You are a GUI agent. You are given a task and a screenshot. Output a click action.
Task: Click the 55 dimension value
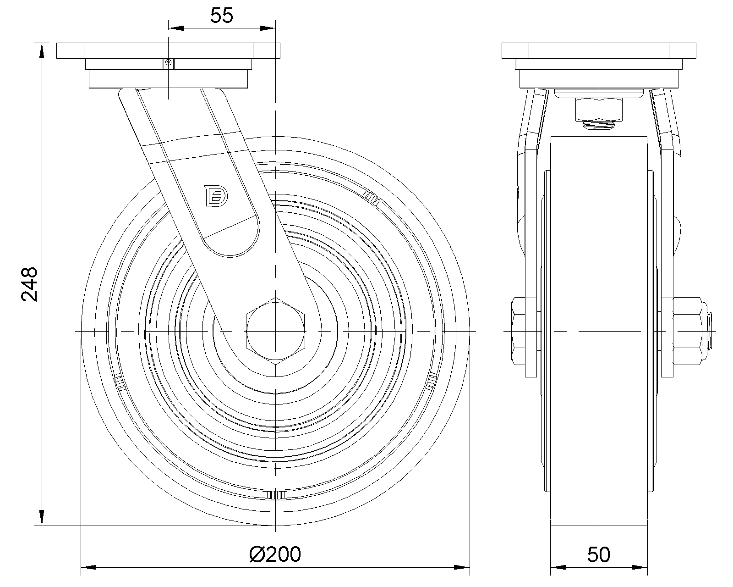point(221,16)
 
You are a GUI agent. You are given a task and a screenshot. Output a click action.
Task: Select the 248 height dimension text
point(29,284)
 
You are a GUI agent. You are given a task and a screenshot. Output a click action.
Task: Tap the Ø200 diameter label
point(275,554)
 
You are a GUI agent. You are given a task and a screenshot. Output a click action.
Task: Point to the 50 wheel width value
point(598,555)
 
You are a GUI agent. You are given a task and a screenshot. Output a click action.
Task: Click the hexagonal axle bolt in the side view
point(275,331)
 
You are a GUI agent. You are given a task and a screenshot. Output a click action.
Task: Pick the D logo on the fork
point(216,196)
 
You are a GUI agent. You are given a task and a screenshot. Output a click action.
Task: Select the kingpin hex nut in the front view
point(599,110)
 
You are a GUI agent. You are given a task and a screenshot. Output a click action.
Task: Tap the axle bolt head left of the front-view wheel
point(519,331)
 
